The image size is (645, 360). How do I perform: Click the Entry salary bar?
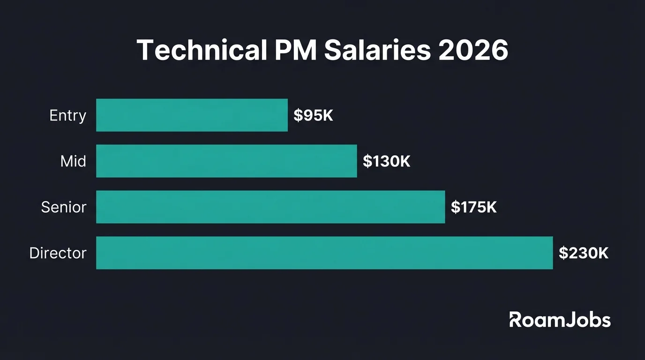[x=192, y=115]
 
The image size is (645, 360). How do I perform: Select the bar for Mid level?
[x=226, y=161]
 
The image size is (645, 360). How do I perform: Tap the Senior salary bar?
[x=270, y=207]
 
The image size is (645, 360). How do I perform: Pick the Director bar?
[x=324, y=253]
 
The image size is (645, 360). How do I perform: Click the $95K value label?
[x=313, y=116]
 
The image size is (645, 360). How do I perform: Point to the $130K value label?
[x=386, y=162]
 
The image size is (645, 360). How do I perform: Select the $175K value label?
[x=473, y=207]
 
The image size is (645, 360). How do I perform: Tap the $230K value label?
[x=584, y=253]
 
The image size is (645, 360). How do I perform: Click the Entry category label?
[x=68, y=116]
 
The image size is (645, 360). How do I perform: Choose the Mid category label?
[x=74, y=162]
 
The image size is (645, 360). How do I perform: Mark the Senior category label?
[x=64, y=207]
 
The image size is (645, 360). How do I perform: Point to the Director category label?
[x=58, y=253]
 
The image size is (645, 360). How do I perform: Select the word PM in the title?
[x=292, y=50]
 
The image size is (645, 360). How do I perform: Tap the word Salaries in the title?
[x=377, y=50]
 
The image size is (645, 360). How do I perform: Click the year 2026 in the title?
[x=473, y=50]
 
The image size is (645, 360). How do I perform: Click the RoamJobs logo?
[x=560, y=320]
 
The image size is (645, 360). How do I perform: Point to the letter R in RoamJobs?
[x=515, y=320]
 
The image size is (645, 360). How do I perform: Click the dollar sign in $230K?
[x=563, y=253]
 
